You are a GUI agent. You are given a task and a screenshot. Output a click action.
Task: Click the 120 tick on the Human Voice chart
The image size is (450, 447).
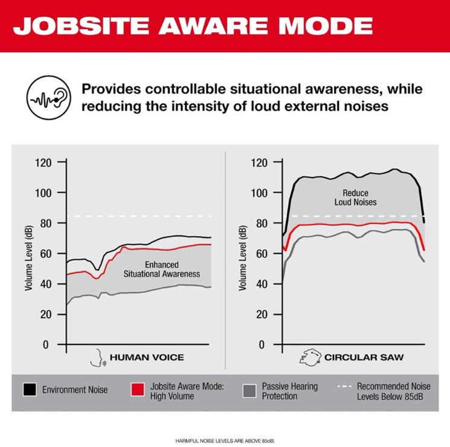44,162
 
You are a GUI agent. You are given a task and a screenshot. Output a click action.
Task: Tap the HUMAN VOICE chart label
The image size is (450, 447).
147,358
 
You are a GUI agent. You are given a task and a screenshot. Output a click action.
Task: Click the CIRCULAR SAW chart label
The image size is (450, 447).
364,358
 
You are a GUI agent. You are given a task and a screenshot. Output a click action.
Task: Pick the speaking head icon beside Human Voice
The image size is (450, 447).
96,358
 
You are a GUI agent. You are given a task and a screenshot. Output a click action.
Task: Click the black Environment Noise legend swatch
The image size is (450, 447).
29,390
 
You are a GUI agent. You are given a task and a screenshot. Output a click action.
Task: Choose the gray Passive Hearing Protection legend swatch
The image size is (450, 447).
248,390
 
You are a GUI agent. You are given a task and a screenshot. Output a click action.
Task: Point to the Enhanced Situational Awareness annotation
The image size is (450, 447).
162,269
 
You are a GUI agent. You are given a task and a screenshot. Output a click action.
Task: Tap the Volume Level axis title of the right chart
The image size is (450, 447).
244,254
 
